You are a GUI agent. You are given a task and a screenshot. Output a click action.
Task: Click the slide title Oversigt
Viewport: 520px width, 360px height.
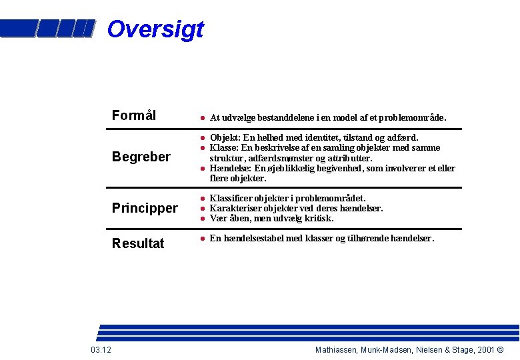[x=155, y=29]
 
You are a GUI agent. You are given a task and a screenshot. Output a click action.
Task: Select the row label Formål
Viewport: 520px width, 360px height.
[x=134, y=115]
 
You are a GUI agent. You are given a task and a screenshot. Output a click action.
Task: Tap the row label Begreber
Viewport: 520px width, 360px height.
[x=141, y=157]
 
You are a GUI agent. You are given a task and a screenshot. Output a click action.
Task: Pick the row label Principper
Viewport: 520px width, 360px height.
[x=145, y=209]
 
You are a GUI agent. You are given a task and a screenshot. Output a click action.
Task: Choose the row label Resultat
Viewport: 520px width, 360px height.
[x=138, y=243]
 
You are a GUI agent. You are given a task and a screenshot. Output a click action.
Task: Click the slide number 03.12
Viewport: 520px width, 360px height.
[x=101, y=350]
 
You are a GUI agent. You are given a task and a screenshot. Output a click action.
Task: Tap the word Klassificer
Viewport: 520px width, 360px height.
[x=231, y=199]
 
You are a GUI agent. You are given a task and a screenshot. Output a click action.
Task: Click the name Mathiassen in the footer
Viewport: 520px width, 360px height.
[x=337, y=350]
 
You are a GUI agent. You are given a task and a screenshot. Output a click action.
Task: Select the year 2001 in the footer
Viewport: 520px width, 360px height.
[x=486, y=350]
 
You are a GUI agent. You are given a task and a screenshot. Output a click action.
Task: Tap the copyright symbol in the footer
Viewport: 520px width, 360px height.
[x=501, y=350]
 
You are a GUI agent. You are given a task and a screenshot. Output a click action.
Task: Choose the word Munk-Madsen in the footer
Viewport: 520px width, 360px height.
[x=384, y=350]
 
